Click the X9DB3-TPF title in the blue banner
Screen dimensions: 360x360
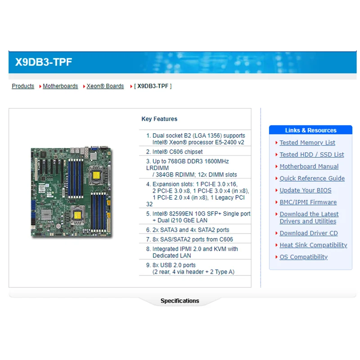44,62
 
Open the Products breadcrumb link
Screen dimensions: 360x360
23,86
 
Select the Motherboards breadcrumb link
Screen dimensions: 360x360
60,86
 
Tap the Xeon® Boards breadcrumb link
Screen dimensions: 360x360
105,86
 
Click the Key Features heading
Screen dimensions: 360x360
159,119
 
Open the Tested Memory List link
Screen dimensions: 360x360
307,143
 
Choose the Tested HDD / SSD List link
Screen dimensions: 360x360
311,154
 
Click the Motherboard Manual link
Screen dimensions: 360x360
309,166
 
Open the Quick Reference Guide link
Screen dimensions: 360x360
312,178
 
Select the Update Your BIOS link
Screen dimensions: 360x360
305,190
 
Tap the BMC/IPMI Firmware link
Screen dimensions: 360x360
308,202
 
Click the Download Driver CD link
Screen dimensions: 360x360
308,233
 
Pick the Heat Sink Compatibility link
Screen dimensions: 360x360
313,245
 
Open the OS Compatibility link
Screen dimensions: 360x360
303,257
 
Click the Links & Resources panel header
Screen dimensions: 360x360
310,130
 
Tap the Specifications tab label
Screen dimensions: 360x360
180,301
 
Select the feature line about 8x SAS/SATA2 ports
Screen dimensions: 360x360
193,239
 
